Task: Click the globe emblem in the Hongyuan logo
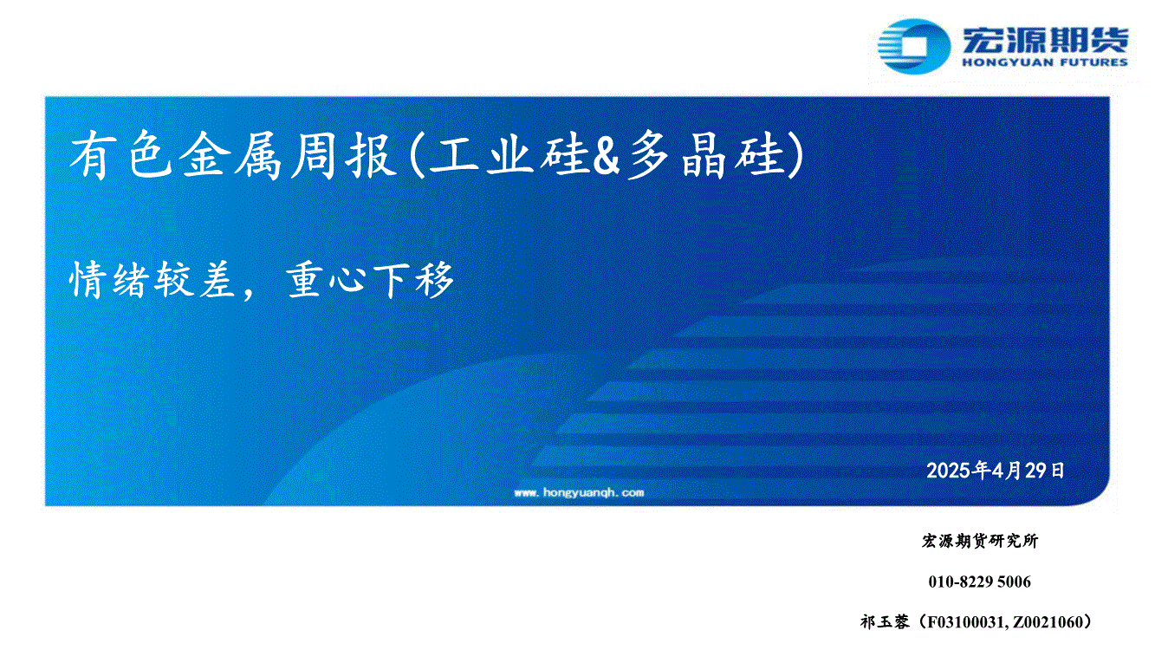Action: click(913, 47)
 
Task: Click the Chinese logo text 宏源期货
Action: click(1045, 40)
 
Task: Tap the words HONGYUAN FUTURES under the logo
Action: click(1045, 62)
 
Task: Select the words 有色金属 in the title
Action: click(176, 155)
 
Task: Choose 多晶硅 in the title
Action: click(706, 155)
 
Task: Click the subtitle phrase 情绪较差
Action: click(152, 280)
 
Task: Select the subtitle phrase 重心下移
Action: click(370, 280)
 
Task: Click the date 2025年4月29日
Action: click(995, 471)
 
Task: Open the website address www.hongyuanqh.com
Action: click(579, 492)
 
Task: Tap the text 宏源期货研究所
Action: click(980, 541)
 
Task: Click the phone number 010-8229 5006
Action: click(980, 582)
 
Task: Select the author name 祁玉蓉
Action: click(885, 622)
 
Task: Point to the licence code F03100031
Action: click(966, 622)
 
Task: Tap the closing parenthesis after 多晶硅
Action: click(795, 155)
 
